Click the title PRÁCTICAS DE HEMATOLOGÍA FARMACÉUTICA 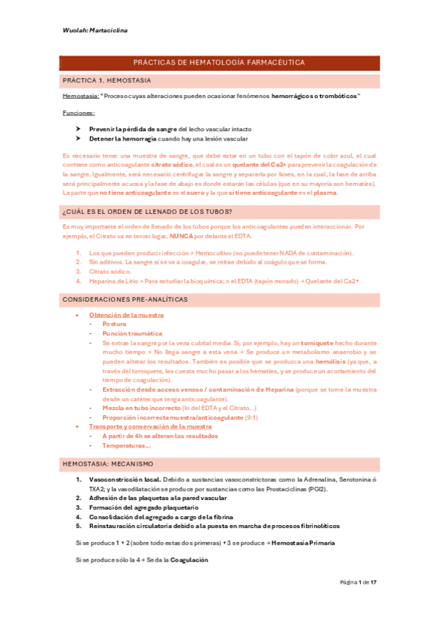219,64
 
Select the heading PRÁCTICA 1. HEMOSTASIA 107,79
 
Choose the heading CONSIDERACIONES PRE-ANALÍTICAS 125,300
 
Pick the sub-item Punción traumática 132,332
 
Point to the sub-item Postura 114,324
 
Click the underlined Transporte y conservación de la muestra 150,426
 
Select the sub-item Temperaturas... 126,445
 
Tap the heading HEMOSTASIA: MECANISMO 108,464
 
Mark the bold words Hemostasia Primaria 303,543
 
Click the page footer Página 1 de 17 358,582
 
